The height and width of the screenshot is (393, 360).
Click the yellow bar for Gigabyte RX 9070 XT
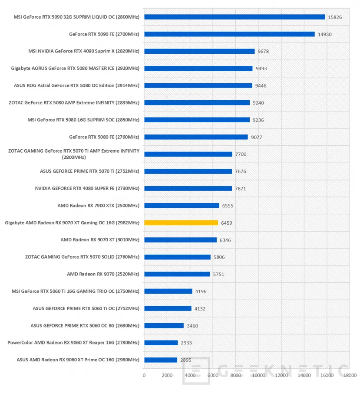[181, 223]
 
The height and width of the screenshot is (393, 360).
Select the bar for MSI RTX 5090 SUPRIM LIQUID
[234, 17]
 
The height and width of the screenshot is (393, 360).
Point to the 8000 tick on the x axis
[235, 375]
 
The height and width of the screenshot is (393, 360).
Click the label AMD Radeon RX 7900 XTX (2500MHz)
[98, 206]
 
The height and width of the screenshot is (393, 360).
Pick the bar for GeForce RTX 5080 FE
[196, 137]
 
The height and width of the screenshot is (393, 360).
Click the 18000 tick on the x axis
[350, 375]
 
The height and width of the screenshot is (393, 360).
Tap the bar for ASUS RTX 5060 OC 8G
[164, 325]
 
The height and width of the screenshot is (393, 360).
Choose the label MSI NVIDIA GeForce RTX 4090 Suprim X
[84, 51]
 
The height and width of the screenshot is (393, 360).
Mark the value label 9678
[263, 51]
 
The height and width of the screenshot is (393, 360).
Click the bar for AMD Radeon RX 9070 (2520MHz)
[177, 274]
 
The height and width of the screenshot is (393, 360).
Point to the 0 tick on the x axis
[144, 375]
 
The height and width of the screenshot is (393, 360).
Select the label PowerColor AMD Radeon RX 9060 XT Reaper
[73, 343]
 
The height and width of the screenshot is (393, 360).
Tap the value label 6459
[227, 223]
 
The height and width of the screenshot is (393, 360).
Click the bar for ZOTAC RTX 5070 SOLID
[177, 257]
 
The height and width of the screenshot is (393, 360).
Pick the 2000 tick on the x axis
[167, 375]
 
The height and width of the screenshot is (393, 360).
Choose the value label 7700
[241, 154]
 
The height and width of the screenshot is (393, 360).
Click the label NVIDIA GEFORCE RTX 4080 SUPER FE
[87, 188]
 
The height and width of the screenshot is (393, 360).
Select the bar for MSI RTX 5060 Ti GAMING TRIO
[168, 291]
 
